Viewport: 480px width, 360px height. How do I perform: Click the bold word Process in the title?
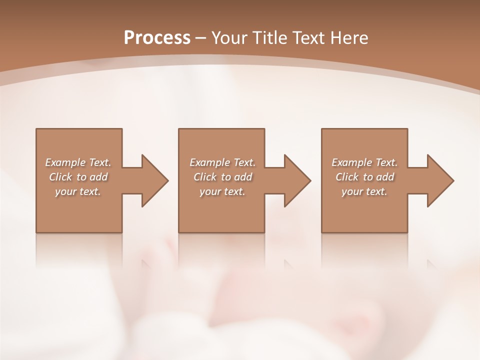[x=157, y=37]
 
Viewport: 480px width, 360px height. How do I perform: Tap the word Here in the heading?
[x=348, y=37]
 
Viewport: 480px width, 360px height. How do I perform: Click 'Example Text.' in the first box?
[x=78, y=162]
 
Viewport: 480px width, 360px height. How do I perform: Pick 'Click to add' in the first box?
[x=78, y=177]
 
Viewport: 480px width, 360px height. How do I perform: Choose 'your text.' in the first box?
[x=78, y=191]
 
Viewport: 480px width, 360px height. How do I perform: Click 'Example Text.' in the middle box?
[x=222, y=162]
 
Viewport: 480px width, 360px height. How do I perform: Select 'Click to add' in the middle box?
[x=222, y=177]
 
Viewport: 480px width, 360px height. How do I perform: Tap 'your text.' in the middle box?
[x=222, y=191]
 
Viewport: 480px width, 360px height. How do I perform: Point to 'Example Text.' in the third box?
[x=364, y=162]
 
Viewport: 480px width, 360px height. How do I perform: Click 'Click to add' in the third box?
[x=364, y=177]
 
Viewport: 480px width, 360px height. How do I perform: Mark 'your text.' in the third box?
[x=364, y=191]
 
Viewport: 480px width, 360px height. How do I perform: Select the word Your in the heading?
[x=230, y=37]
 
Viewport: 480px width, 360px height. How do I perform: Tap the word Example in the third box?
[x=351, y=162]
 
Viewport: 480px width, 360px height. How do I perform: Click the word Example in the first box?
[x=65, y=162]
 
